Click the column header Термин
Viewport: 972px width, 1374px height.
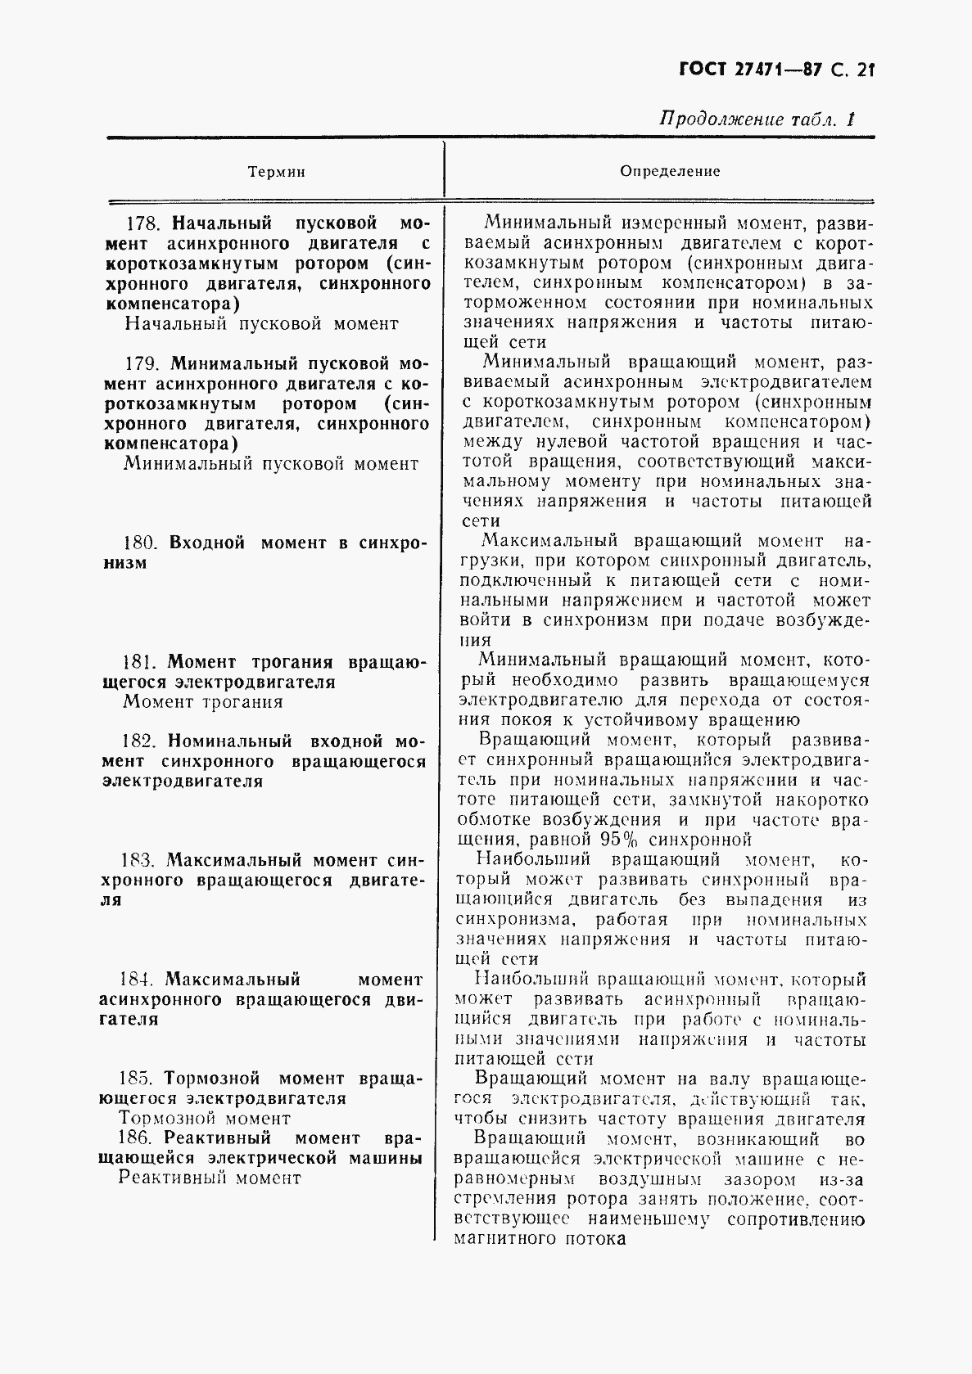(276, 172)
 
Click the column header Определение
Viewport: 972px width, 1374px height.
(670, 171)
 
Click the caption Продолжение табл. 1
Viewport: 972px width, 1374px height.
(757, 119)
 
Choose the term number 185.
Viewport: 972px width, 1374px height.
(137, 1079)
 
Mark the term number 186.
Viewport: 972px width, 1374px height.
(137, 1138)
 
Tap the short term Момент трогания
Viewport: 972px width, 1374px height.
(203, 701)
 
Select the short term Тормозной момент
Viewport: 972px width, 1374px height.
(205, 1119)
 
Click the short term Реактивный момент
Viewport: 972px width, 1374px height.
(210, 1178)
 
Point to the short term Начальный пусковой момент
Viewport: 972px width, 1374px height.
(261, 324)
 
